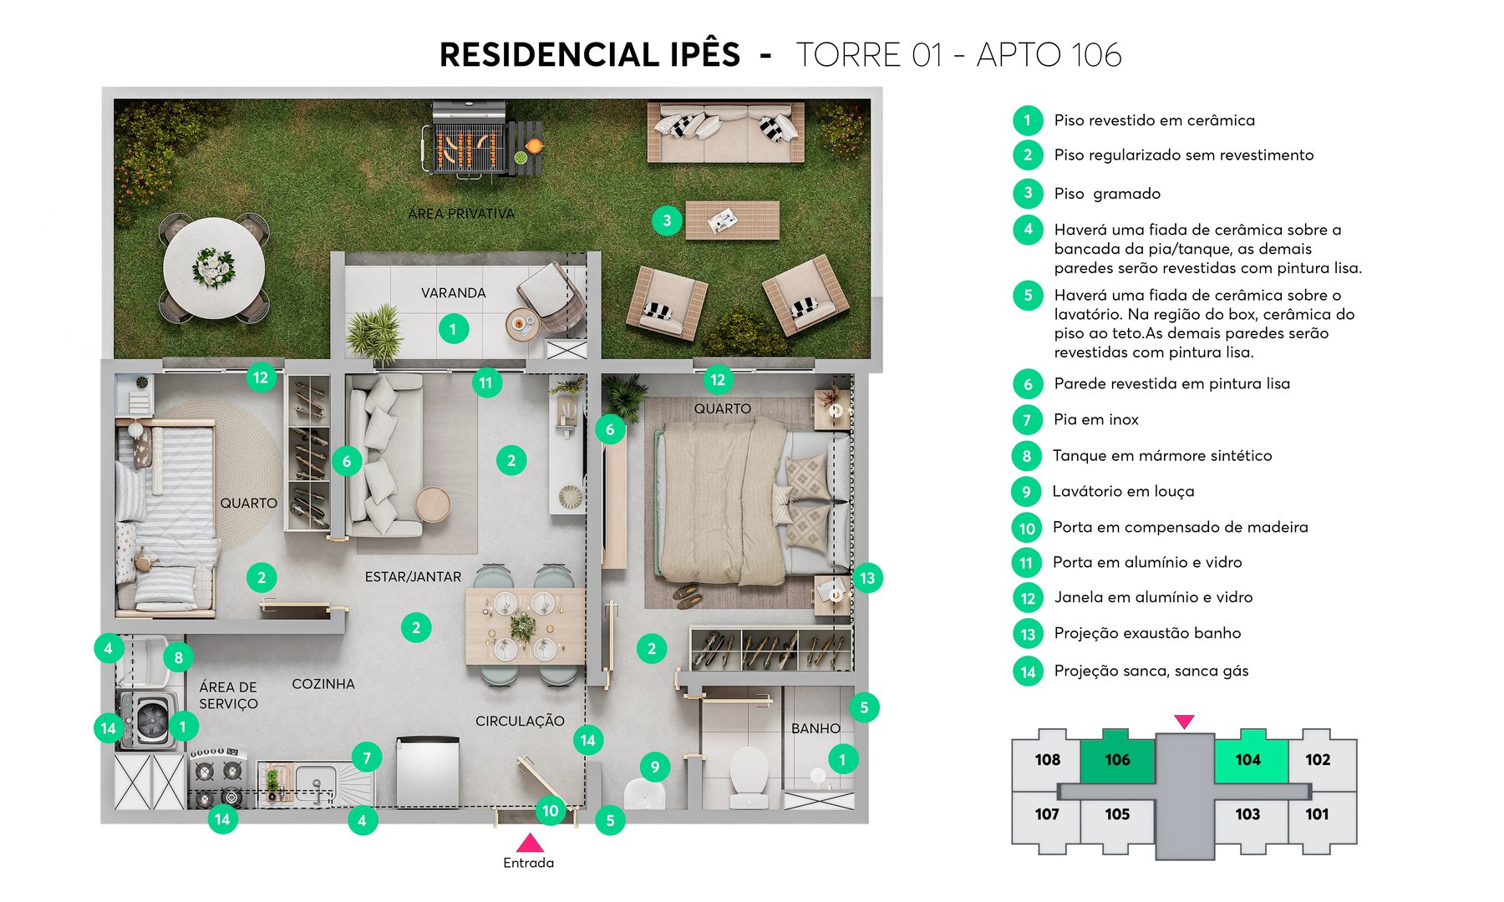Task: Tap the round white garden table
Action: pyautogui.click(x=214, y=268)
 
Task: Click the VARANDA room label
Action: pyautogui.click(x=453, y=293)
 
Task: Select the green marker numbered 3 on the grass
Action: pyautogui.click(x=667, y=220)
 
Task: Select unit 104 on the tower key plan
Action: pyautogui.click(x=1248, y=759)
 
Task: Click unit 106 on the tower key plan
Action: pyautogui.click(x=1117, y=759)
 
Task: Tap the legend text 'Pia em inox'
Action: pyautogui.click(x=1096, y=419)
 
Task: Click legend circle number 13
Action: pyautogui.click(x=1028, y=634)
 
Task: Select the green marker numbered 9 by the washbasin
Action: pyautogui.click(x=655, y=767)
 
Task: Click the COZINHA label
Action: pyautogui.click(x=323, y=684)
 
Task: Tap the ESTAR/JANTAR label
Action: pyautogui.click(x=413, y=577)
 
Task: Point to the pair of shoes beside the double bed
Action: pyautogui.click(x=688, y=594)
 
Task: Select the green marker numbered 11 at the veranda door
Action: pyautogui.click(x=486, y=383)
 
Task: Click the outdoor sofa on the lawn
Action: pyautogui.click(x=725, y=132)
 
